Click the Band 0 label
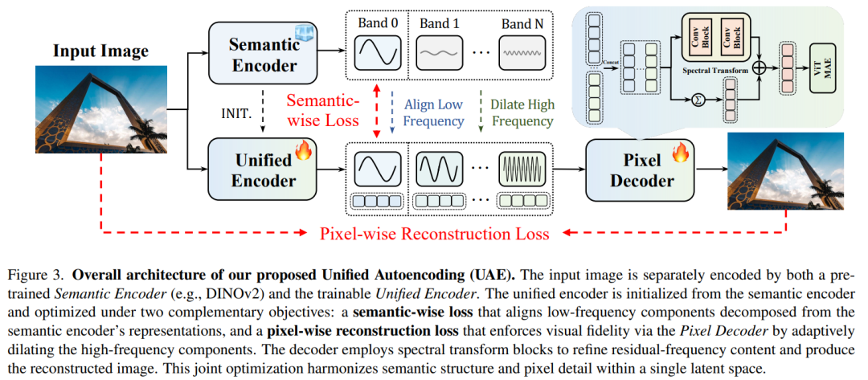[x=378, y=24]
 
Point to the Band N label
[x=527, y=24]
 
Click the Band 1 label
[x=440, y=24]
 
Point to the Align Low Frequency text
[x=434, y=112]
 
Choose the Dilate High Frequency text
[x=522, y=112]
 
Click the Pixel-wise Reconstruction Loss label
[x=435, y=234]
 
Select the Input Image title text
[x=100, y=51]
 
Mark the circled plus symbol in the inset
[x=759, y=67]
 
